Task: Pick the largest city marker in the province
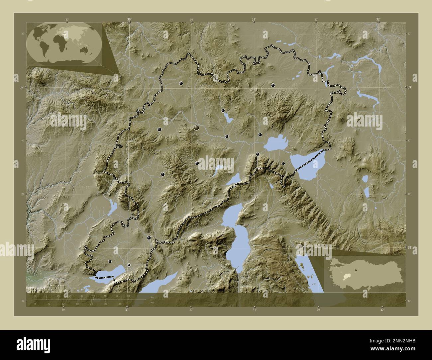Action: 197,127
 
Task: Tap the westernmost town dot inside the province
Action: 110,261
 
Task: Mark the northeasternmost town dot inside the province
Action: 273,85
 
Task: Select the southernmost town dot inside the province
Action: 129,265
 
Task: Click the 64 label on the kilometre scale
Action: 128,296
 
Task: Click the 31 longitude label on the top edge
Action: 253,19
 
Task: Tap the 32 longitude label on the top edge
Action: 378,19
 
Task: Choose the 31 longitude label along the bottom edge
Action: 254,310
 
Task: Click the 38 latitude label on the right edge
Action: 409,247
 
